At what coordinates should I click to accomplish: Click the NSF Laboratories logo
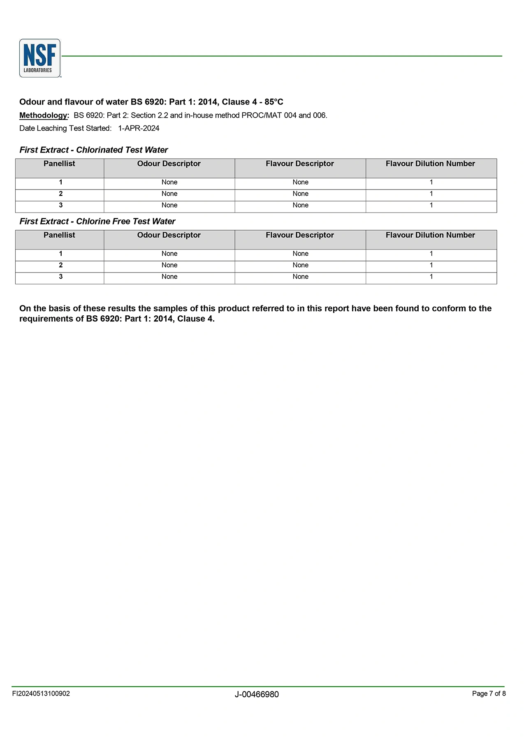tap(40, 58)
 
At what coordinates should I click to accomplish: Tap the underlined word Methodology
tap(44, 116)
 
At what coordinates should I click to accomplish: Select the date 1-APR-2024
tap(139, 128)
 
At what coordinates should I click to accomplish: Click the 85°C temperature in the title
tap(274, 102)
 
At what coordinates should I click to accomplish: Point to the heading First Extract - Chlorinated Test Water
tap(94, 150)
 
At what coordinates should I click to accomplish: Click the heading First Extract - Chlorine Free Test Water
tap(97, 222)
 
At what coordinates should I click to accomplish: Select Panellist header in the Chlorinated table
tap(59, 164)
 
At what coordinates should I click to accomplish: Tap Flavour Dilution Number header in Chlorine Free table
tap(430, 235)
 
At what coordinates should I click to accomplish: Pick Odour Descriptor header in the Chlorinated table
tap(169, 164)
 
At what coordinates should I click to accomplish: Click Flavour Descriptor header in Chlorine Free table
tap(300, 235)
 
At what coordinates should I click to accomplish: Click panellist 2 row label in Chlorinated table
tap(60, 194)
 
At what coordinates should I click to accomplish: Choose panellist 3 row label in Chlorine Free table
tap(60, 277)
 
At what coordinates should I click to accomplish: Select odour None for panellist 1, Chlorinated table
tap(169, 182)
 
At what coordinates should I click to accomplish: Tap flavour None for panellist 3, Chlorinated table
tap(300, 205)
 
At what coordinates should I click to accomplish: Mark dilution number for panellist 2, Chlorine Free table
tap(431, 265)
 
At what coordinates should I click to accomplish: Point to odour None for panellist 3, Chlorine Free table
tap(169, 277)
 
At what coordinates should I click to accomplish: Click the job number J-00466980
tap(257, 694)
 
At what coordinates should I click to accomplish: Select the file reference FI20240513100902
tap(41, 694)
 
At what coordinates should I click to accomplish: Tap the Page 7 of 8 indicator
tap(489, 694)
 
